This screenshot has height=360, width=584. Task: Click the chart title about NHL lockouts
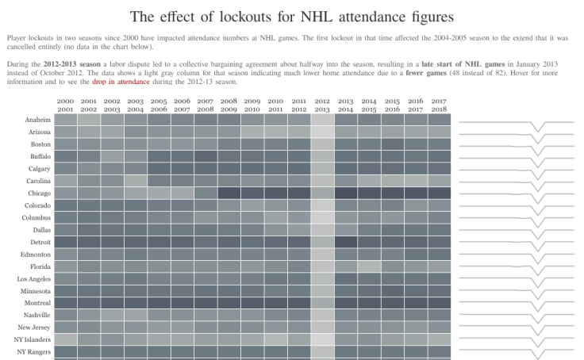coord(292,16)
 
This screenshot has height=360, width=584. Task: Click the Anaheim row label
coord(38,120)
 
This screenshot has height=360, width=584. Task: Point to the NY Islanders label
coord(34,339)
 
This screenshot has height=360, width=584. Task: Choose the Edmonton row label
coord(36,254)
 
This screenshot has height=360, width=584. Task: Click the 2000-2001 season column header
coord(66,105)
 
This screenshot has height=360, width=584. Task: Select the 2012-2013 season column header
coord(322,105)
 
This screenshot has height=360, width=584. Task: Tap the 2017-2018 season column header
coord(439,105)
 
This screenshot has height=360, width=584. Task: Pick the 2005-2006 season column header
coord(159,105)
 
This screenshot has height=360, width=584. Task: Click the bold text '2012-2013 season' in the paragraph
coord(72,63)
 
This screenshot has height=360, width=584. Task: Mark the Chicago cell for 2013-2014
coord(346,193)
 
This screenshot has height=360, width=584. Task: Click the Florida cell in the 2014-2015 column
coord(369,266)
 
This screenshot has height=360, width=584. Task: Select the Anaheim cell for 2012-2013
coord(322,120)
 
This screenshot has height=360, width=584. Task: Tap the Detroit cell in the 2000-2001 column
coord(66,242)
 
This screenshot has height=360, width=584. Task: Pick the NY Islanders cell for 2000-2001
coord(66,339)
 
